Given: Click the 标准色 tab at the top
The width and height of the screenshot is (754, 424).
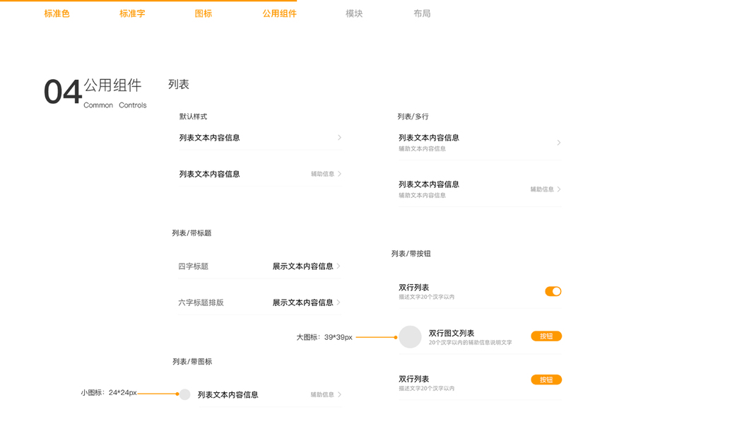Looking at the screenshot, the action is (x=57, y=13).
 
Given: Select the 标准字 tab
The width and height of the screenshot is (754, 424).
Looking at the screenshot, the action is (x=132, y=13).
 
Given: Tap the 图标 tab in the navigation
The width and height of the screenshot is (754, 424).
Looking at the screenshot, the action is (x=204, y=13).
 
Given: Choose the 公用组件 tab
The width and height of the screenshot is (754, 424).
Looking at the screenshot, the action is (x=279, y=13).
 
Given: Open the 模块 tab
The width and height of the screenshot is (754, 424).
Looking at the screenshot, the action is (x=354, y=13).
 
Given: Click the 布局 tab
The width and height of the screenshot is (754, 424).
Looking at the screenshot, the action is (x=422, y=13).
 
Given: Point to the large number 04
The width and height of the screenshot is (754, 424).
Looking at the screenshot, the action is (x=62, y=93).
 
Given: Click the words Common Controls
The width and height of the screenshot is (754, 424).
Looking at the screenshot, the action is (x=114, y=105).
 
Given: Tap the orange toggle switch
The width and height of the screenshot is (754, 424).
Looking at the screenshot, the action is (x=553, y=291).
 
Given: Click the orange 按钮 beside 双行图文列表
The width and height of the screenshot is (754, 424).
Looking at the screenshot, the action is (x=546, y=336).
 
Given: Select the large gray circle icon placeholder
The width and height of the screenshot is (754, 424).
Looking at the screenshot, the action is (x=410, y=337).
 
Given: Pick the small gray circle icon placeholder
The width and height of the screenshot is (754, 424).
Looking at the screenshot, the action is (x=184, y=394).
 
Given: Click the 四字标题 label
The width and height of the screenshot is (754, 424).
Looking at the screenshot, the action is (x=193, y=266).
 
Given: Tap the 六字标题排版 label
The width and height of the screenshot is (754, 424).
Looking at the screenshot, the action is (x=201, y=302).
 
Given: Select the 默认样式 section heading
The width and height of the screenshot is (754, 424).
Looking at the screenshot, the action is (x=193, y=117).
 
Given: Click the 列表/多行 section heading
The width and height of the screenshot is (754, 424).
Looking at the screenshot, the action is (x=413, y=117).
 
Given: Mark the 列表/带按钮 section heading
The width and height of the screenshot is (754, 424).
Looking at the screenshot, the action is (x=411, y=254).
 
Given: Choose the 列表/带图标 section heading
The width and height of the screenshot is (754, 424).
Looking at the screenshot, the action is (x=192, y=362).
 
